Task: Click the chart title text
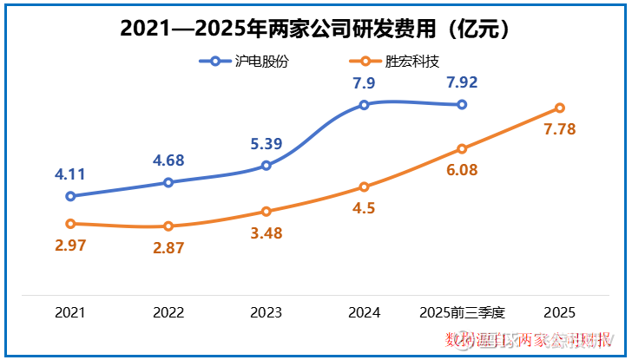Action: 315,28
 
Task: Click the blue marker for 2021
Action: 70,196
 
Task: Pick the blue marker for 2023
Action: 267,165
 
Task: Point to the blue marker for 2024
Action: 364,105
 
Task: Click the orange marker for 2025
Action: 560,108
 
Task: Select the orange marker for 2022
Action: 168,226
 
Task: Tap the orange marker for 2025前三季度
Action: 462,148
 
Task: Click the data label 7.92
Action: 462,84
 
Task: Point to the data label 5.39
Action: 266,144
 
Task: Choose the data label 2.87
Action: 168,247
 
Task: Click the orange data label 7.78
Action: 560,129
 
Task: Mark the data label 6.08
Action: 462,170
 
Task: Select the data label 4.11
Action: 70,174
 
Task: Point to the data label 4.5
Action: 364,208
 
